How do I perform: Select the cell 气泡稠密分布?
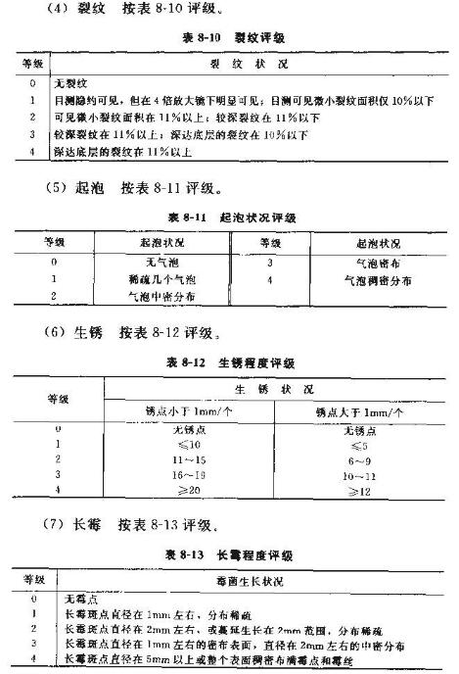(x=378, y=279)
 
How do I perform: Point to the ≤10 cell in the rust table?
(x=185, y=444)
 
